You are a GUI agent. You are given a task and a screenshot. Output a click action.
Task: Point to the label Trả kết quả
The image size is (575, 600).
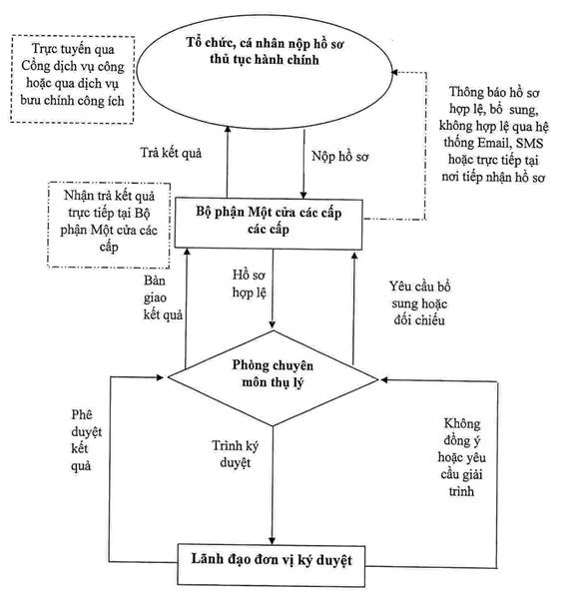pos(171,153)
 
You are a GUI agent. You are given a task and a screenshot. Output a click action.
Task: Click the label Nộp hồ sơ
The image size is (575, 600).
pos(340,156)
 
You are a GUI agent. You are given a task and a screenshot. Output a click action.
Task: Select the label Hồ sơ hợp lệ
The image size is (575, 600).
pos(249,284)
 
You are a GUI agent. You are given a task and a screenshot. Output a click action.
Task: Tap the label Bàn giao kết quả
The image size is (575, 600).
pos(163,298)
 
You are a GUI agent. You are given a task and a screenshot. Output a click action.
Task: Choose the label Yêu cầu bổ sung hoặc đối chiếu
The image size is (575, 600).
pos(419,303)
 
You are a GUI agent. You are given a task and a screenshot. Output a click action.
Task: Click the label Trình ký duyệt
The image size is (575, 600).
pos(236,454)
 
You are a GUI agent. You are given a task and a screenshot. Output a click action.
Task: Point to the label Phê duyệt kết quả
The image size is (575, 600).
pos(87,440)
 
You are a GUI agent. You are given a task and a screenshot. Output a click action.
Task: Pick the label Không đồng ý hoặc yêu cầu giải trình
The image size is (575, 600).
pos(461,457)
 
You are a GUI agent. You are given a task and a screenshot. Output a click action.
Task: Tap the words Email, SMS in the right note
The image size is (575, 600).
pos(511,143)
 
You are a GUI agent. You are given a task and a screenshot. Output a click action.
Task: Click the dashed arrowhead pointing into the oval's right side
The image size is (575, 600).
pos(395,72)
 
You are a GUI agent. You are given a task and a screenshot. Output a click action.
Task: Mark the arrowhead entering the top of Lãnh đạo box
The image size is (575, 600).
pos(272,540)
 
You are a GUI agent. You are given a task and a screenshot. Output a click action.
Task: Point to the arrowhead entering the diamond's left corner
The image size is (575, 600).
pos(161,377)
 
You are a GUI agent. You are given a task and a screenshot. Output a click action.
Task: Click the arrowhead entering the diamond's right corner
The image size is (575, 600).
pos(384,379)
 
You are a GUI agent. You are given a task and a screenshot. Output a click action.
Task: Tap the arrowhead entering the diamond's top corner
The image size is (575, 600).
pos(273,324)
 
